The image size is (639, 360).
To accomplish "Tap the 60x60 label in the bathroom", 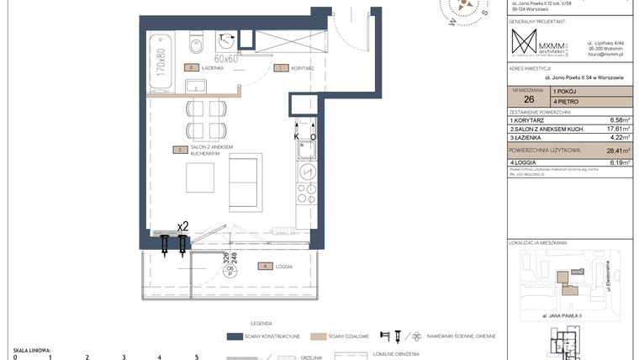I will click(226, 60).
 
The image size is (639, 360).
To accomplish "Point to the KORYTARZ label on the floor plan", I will click(300, 67).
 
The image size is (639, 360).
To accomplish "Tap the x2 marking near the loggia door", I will click(182, 226).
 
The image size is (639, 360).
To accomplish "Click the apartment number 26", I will click(528, 100).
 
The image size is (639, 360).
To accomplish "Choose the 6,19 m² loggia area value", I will click(617, 161).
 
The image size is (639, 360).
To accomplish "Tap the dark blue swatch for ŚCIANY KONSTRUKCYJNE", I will click(235, 336).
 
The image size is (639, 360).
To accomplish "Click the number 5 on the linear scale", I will click(196, 357).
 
